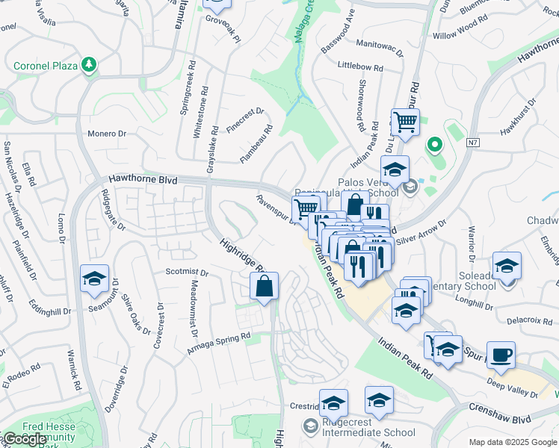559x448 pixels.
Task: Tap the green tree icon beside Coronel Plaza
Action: click(90, 65)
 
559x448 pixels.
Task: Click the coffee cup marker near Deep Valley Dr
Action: click(501, 354)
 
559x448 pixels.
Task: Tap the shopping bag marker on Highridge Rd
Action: click(265, 286)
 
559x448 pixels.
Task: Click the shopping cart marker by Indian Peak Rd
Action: click(404, 122)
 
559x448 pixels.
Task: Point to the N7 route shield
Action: click(473, 142)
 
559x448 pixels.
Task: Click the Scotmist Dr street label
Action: click(187, 273)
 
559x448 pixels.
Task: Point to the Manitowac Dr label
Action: click(379, 46)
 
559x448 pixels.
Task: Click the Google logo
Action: click(25, 438)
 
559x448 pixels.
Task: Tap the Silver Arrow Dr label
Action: click(421, 232)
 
